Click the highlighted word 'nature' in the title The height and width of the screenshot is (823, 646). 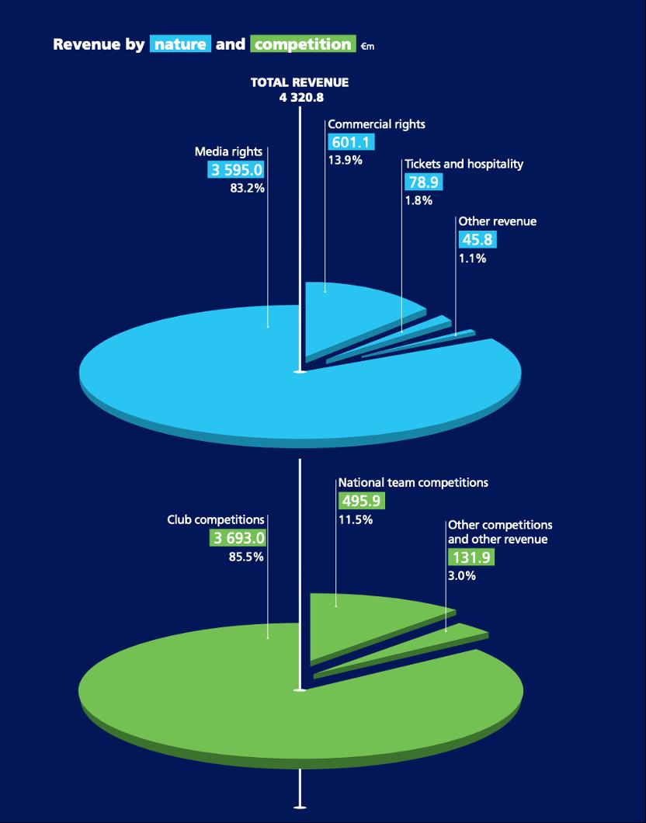(180, 44)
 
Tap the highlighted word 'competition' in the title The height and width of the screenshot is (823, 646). (303, 44)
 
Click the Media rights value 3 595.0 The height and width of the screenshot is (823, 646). (236, 170)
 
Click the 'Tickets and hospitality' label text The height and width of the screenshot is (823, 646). (464, 164)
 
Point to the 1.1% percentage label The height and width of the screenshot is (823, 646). (472, 259)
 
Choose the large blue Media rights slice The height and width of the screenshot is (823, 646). (233, 373)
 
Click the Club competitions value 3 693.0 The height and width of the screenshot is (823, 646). (238, 538)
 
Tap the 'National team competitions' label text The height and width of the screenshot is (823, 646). (413, 482)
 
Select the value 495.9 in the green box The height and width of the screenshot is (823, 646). (360, 501)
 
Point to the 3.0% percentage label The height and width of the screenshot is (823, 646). (462, 576)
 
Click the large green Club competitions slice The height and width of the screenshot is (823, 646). (233, 691)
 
